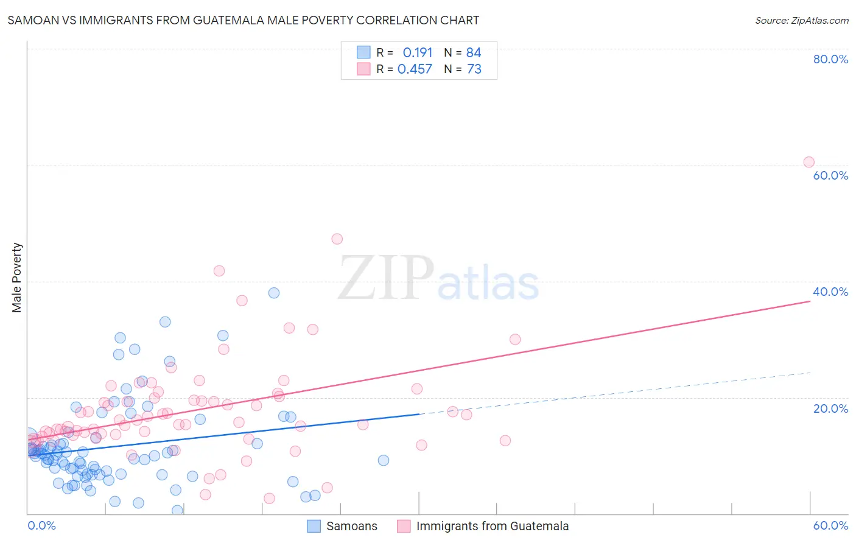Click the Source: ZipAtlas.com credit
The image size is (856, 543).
(x=801, y=20)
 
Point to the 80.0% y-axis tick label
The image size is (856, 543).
(x=830, y=59)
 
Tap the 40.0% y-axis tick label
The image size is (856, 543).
(x=830, y=292)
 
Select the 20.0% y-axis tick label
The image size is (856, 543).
(x=830, y=408)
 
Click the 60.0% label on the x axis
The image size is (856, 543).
(x=830, y=525)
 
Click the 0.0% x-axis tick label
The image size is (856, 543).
(x=41, y=525)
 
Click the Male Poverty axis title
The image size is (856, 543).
(x=17, y=278)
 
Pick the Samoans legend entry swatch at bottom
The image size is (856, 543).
(x=314, y=526)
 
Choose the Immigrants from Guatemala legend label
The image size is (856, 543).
(x=492, y=526)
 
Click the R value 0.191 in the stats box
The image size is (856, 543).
(x=417, y=53)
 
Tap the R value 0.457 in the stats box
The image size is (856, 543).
(x=415, y=69)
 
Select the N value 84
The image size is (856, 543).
(x=474, y=53)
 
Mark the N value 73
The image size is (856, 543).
(x=474, y=69)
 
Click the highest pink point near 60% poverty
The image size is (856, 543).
(x=809, y=162)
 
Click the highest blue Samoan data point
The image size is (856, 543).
(x=274, y=293)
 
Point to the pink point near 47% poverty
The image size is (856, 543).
(x=337, y=239)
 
